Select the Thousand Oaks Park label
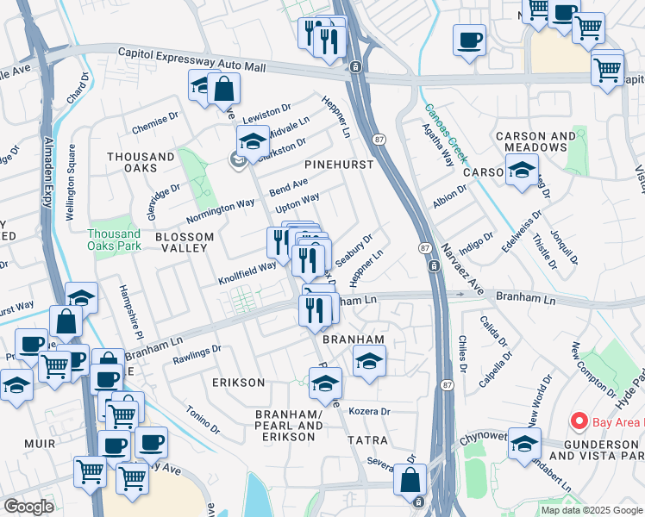point(114,240)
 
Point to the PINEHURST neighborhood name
point(339,164)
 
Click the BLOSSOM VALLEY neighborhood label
point(181,241)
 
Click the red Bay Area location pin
point(579,421)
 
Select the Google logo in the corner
point(28,507)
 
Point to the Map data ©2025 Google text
point(592,510)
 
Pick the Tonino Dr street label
point(203,418)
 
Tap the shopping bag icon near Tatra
point(410,479)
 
